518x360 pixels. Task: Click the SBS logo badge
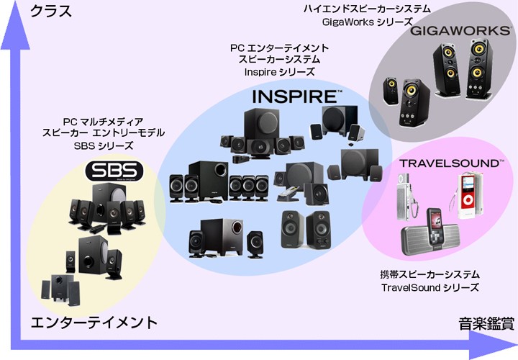pos(114,171)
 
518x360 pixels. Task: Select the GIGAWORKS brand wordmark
pos(460,31)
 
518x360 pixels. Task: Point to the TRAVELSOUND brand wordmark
pos(452,163)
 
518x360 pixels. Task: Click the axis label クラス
pos(51,12)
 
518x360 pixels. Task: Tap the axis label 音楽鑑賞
pos(486,323)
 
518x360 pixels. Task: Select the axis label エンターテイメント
pos(94,323)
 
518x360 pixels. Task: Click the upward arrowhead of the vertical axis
pos(15,24)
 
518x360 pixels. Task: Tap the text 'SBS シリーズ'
pos(104,145)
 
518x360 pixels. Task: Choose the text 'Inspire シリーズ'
pos(279,72)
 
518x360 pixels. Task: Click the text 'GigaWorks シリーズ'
pos(368,22)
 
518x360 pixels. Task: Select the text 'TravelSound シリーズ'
pos(430,287)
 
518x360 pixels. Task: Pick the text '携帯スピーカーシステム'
pos(430,274)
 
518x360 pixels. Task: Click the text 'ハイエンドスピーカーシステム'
pos(367,9)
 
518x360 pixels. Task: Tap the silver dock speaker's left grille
pos(414,239)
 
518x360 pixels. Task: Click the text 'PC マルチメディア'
pos(103,122)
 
